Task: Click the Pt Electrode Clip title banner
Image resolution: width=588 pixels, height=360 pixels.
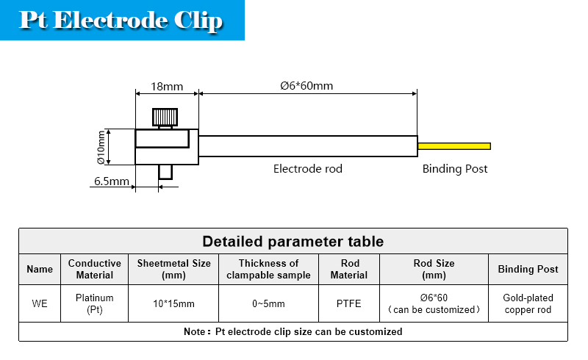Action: [x=122, y=20]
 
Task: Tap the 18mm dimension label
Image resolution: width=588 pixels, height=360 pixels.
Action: [x=167, y=87]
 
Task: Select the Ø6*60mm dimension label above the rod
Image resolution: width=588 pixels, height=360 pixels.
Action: [x=306, y=86]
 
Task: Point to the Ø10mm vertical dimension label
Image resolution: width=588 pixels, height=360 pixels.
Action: [x=101, y=147]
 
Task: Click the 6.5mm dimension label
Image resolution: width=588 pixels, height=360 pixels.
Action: [x=112, y=181]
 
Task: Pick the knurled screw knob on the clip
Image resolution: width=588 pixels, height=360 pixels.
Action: [x=165, y=118]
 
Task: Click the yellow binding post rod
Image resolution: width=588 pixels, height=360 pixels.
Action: [x=454, y=146]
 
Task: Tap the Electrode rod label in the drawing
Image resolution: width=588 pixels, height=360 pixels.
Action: [x=308, y=169]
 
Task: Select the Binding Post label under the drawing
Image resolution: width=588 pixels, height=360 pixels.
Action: [x=455, y=169]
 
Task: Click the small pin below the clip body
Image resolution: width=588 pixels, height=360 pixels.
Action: [x=165, y=172]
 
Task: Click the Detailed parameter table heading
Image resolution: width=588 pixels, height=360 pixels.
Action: [x=293, y=242]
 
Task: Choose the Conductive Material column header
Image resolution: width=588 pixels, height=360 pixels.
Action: [x=95, y=269]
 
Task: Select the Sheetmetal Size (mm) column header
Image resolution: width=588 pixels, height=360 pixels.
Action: [x=173, y=269]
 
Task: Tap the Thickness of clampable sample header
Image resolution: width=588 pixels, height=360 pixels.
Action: [x=268, y=269]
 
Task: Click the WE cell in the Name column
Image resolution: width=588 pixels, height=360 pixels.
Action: [x=40, y=303]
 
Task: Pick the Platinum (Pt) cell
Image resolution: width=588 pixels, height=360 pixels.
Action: [x=95, y=303]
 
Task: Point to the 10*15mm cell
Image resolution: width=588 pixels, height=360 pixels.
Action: [x=173, y=303]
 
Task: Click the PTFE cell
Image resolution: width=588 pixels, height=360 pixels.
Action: [x=348, y=303]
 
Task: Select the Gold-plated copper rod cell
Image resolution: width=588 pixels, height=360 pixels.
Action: [x=528, y=303]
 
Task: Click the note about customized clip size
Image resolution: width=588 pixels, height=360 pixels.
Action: [x=293, y=331]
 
